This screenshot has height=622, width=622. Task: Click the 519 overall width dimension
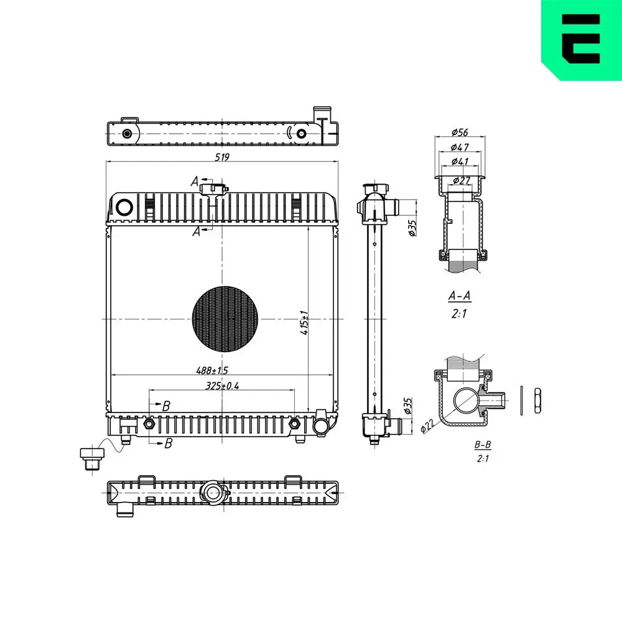pyautogui.click(x=222, y=157)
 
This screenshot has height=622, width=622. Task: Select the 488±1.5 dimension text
pyautogui.click(x=212, y=371)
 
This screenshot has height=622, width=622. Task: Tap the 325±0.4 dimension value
pyautogui.click(x=222, y=386)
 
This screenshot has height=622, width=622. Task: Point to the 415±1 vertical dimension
pyautogui.click(x=304, y=322)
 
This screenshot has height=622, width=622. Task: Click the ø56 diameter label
pyautogui.click(x=460, y=132)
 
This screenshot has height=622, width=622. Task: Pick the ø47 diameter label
pyautogui.click(x=460, y=147)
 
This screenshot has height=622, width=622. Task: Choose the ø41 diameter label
pyautogui.click(x=460, y=162)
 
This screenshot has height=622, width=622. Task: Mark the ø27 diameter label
pyautogui.click(x=462, y=180)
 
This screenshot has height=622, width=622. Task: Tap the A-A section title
pyautogui.click(x=460, y=295)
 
